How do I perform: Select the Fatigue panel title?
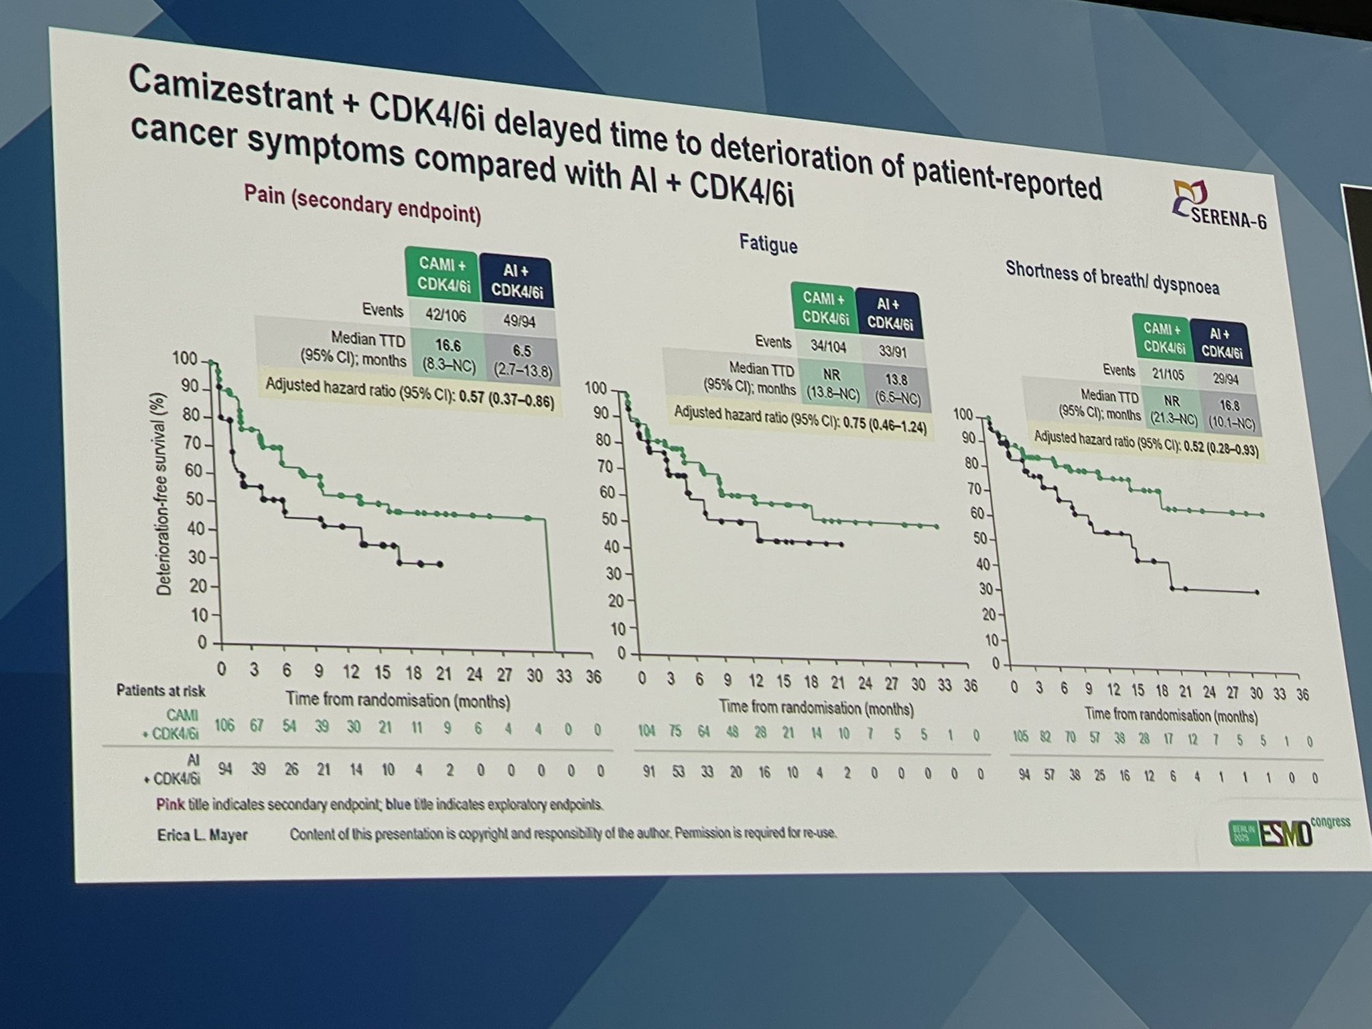[768, 243]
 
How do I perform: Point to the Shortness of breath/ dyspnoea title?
[1112, 279]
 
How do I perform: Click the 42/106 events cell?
[446, 315]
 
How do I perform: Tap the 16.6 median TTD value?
[448, 346]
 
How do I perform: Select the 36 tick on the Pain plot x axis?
[594, 677]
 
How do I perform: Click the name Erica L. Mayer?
[202, 835]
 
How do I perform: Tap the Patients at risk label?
[161, 690]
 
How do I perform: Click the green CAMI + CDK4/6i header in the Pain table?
[443, 273]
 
